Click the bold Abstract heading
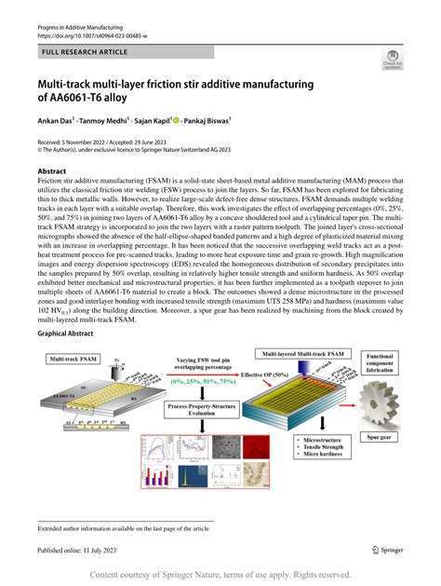52,172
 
